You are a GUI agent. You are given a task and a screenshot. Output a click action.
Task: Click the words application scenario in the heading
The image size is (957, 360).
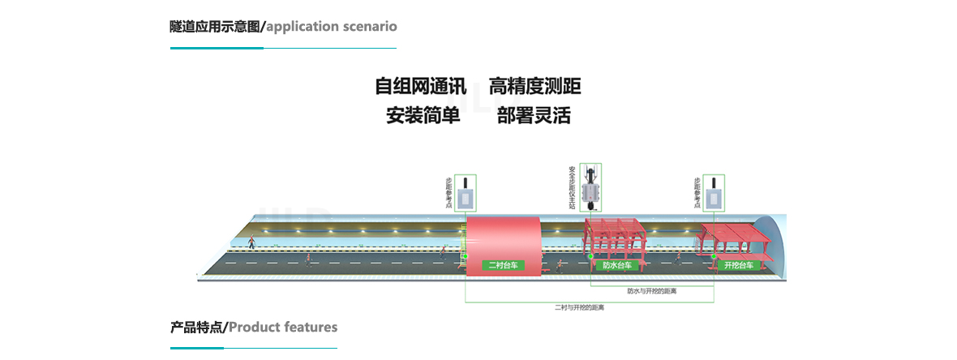tap(331, 26)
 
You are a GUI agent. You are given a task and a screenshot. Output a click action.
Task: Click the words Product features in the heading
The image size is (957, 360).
tap(282, 328)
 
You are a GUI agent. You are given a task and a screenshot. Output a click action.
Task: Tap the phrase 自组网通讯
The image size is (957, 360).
tap(420, 87)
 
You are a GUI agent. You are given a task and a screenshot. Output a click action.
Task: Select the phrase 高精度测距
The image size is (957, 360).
tap(534, 87)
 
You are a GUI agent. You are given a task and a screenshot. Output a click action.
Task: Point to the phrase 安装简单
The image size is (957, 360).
tap(423, 115)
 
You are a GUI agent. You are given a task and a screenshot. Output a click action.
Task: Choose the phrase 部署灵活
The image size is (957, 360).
tap(534, 115)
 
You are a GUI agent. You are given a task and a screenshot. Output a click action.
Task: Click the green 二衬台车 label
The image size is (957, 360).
tap(503, 265)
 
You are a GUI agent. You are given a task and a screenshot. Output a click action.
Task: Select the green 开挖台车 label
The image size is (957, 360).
tap(739, 265)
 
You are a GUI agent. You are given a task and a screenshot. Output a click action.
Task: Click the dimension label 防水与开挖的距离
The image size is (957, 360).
tap(652, 290)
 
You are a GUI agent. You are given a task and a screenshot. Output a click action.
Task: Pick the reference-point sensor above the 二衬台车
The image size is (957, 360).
tap(465, 195)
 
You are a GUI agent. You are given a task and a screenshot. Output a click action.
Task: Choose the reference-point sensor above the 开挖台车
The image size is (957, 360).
tap(714, 195)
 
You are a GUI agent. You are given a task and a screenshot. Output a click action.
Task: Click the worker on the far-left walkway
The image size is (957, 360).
tap(251, 242)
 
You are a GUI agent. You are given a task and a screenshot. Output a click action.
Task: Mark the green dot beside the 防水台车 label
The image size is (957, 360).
tap(590, 257)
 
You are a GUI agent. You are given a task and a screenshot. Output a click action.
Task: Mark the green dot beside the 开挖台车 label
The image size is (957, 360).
tap(715, 257)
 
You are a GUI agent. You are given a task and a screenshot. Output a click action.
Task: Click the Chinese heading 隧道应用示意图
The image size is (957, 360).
tap(217, 26)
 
